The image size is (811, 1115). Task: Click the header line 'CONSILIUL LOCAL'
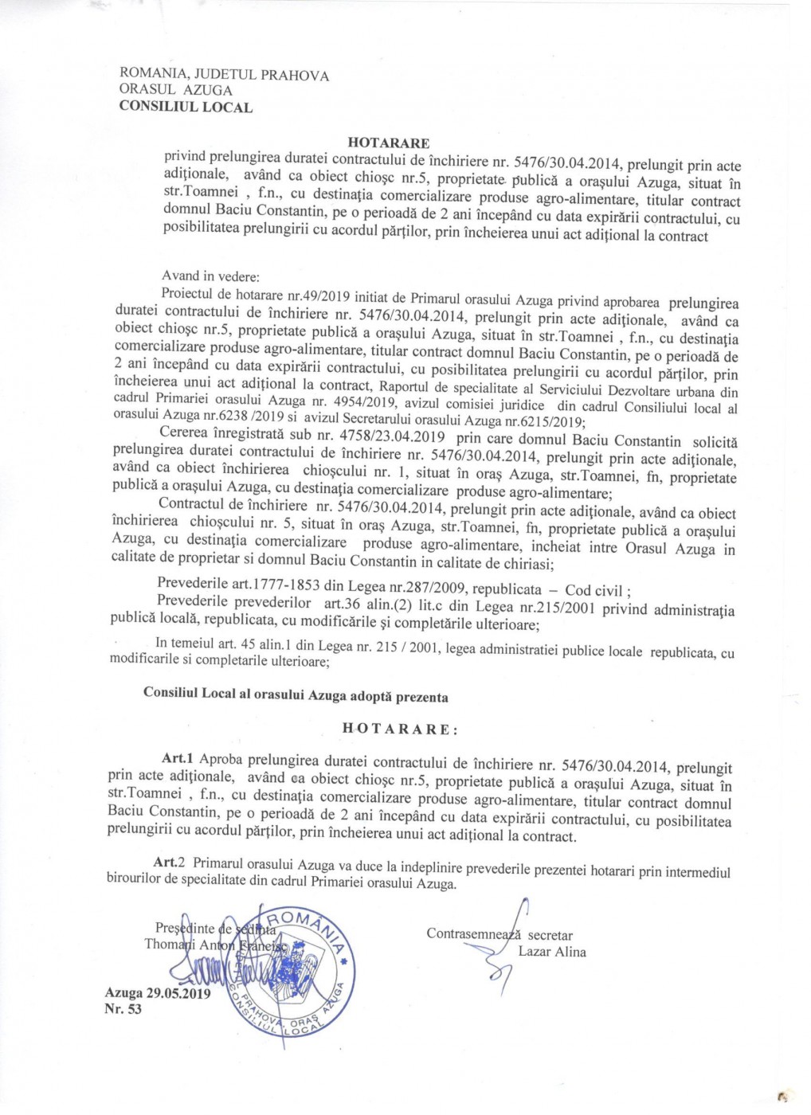[x=186, y=107]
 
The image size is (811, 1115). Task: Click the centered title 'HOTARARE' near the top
[x=389, y=143]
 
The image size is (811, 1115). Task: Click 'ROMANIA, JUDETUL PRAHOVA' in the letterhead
[x=224, y=75]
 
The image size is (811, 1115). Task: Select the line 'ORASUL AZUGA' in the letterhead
[x=176, y=90]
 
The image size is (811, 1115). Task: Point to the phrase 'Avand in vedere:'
[x=210, y=277]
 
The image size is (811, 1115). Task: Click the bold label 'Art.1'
[x=178, y=758]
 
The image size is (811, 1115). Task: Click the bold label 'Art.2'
[x=170, y=863]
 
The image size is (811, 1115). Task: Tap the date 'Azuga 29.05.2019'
[x=157, y=993]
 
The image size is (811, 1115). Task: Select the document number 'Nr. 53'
[x=123, y=1009]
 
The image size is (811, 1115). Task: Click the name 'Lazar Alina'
[x=552, y=951]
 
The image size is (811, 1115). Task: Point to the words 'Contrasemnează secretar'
[x=500, y=934]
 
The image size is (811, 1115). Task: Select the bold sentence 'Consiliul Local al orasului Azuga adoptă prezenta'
[x=296, y=694]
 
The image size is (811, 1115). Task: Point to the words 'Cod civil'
[x=593, y=590]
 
